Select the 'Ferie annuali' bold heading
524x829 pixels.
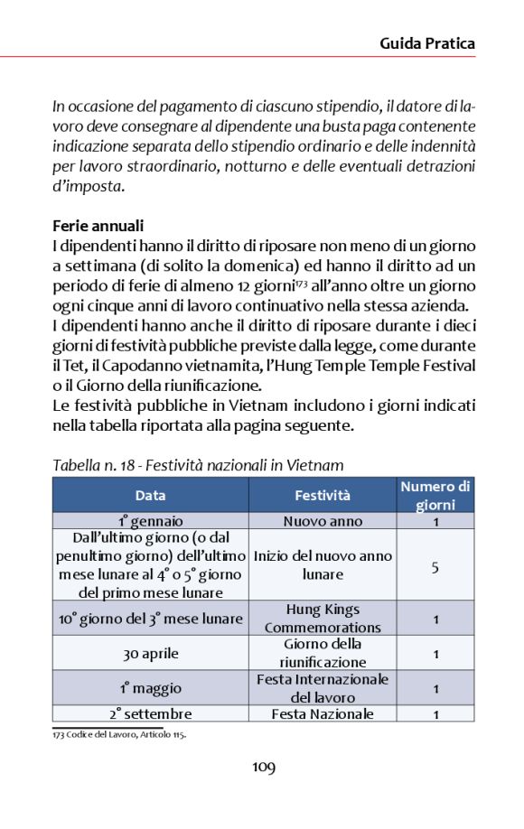point(98,226)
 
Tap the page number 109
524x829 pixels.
point(263,768)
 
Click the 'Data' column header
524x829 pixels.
point(150,495)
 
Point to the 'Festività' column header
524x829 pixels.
point(323,495)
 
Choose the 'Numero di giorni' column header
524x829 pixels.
point(435,496)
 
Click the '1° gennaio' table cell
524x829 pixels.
point(150,521)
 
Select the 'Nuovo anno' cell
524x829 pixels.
point(323,521)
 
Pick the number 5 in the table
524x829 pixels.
point(435,565)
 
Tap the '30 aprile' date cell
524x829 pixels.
point(150,653)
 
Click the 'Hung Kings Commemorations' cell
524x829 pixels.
point(323,619)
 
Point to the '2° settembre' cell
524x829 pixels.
point(150,713)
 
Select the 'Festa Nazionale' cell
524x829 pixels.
point(323,713)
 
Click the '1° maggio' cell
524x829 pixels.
point(150,688)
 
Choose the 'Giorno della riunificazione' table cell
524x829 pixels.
point(323,653)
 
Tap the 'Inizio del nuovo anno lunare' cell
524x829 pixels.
point(323,565)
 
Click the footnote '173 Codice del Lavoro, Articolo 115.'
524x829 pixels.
point(118,734)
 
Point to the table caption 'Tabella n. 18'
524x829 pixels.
point(198,466)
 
